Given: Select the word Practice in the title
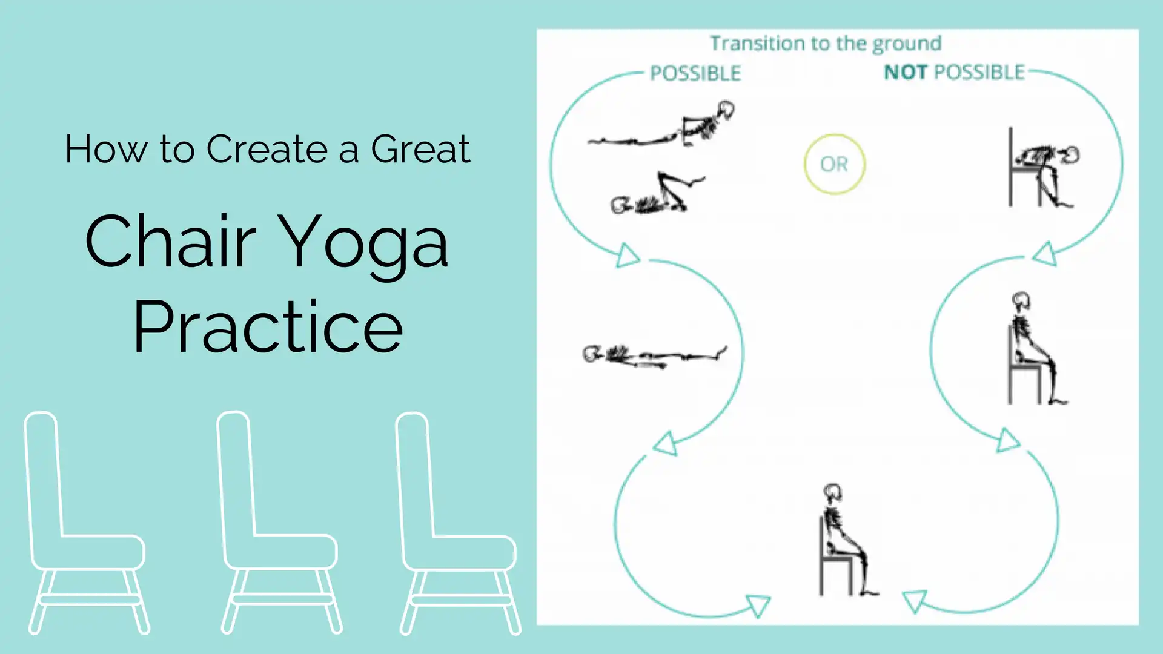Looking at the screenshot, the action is coord(268,326).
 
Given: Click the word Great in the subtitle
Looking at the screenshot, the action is coord(420,149).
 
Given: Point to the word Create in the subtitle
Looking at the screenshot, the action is coord(277,149).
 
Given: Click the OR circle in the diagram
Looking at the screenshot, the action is coord(834,164).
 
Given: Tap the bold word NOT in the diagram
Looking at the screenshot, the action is coord(906,72).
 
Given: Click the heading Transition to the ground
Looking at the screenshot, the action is coord(826,44).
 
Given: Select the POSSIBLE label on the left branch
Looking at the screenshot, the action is coord(695,73).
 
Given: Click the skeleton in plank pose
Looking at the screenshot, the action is coord(661,125).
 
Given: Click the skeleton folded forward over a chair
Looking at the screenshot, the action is coord(1042,168).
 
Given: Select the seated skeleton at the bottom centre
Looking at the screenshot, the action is coord(847,540).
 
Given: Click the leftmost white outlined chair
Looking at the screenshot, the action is coord(86,524).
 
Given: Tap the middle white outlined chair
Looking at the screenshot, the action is coord(279,524).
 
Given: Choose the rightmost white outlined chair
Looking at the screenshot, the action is coord(458,524).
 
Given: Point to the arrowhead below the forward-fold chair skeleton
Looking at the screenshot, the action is coord(1045,254).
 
